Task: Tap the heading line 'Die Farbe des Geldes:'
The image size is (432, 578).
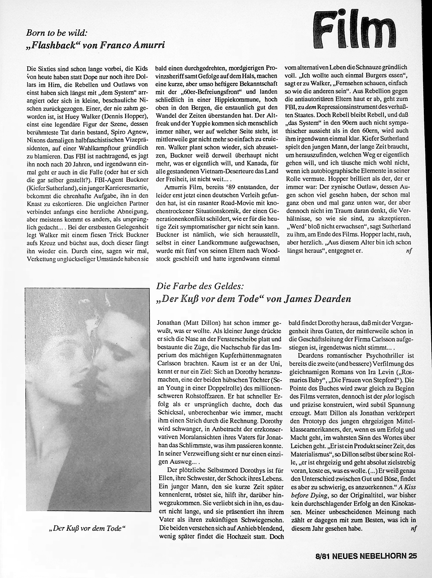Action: tap(200, 286)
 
